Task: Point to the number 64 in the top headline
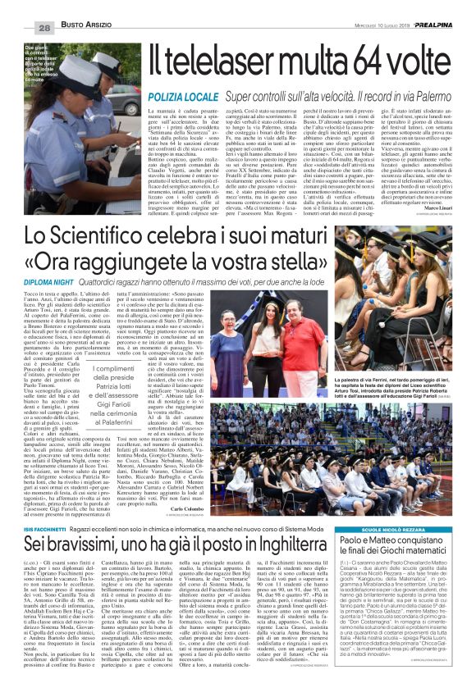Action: click(360, 59)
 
